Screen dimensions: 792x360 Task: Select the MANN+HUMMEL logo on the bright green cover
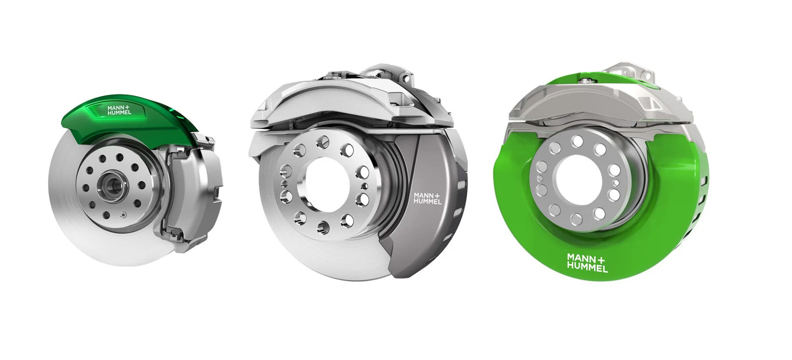587,262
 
